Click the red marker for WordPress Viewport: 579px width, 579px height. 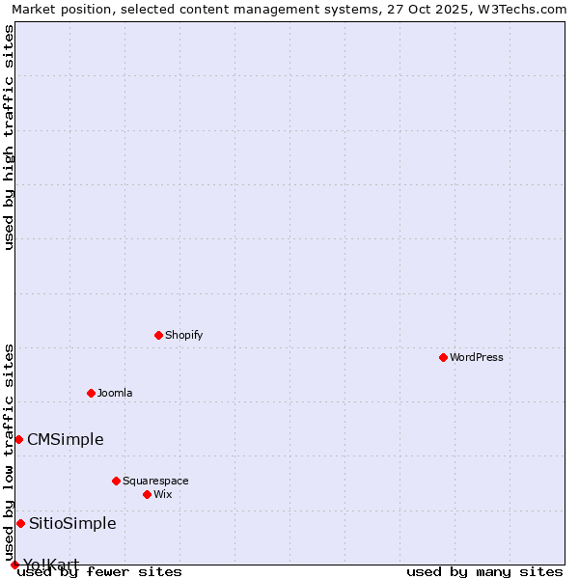click(443, 357)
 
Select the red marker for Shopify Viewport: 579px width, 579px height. click(158, 335)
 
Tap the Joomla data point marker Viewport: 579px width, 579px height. click(91, 393)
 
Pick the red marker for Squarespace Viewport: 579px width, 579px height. click(116, 481)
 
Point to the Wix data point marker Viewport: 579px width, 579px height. click(147, 494)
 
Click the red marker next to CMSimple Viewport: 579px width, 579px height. click(18, 439)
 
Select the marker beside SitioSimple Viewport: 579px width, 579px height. click(20, 523)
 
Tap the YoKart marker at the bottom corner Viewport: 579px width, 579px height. click(14, 565)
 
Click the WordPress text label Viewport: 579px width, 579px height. click(476, 357)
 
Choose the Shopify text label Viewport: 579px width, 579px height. click(183, 335)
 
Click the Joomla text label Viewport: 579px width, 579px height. click(115, 393)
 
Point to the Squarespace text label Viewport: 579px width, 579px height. click(155, 481)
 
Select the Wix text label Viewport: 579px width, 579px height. click(162, 494)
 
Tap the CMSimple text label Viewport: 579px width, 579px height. click(65, 439)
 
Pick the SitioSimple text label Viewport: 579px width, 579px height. click(72, 523)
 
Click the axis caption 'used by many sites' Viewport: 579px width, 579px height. click(484, 571)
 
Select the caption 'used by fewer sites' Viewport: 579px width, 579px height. click(99, 571)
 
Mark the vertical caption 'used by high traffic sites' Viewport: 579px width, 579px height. click(9, 137)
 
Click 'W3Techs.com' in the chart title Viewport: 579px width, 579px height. click(525, 9)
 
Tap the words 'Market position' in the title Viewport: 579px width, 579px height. click(57, 9)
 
